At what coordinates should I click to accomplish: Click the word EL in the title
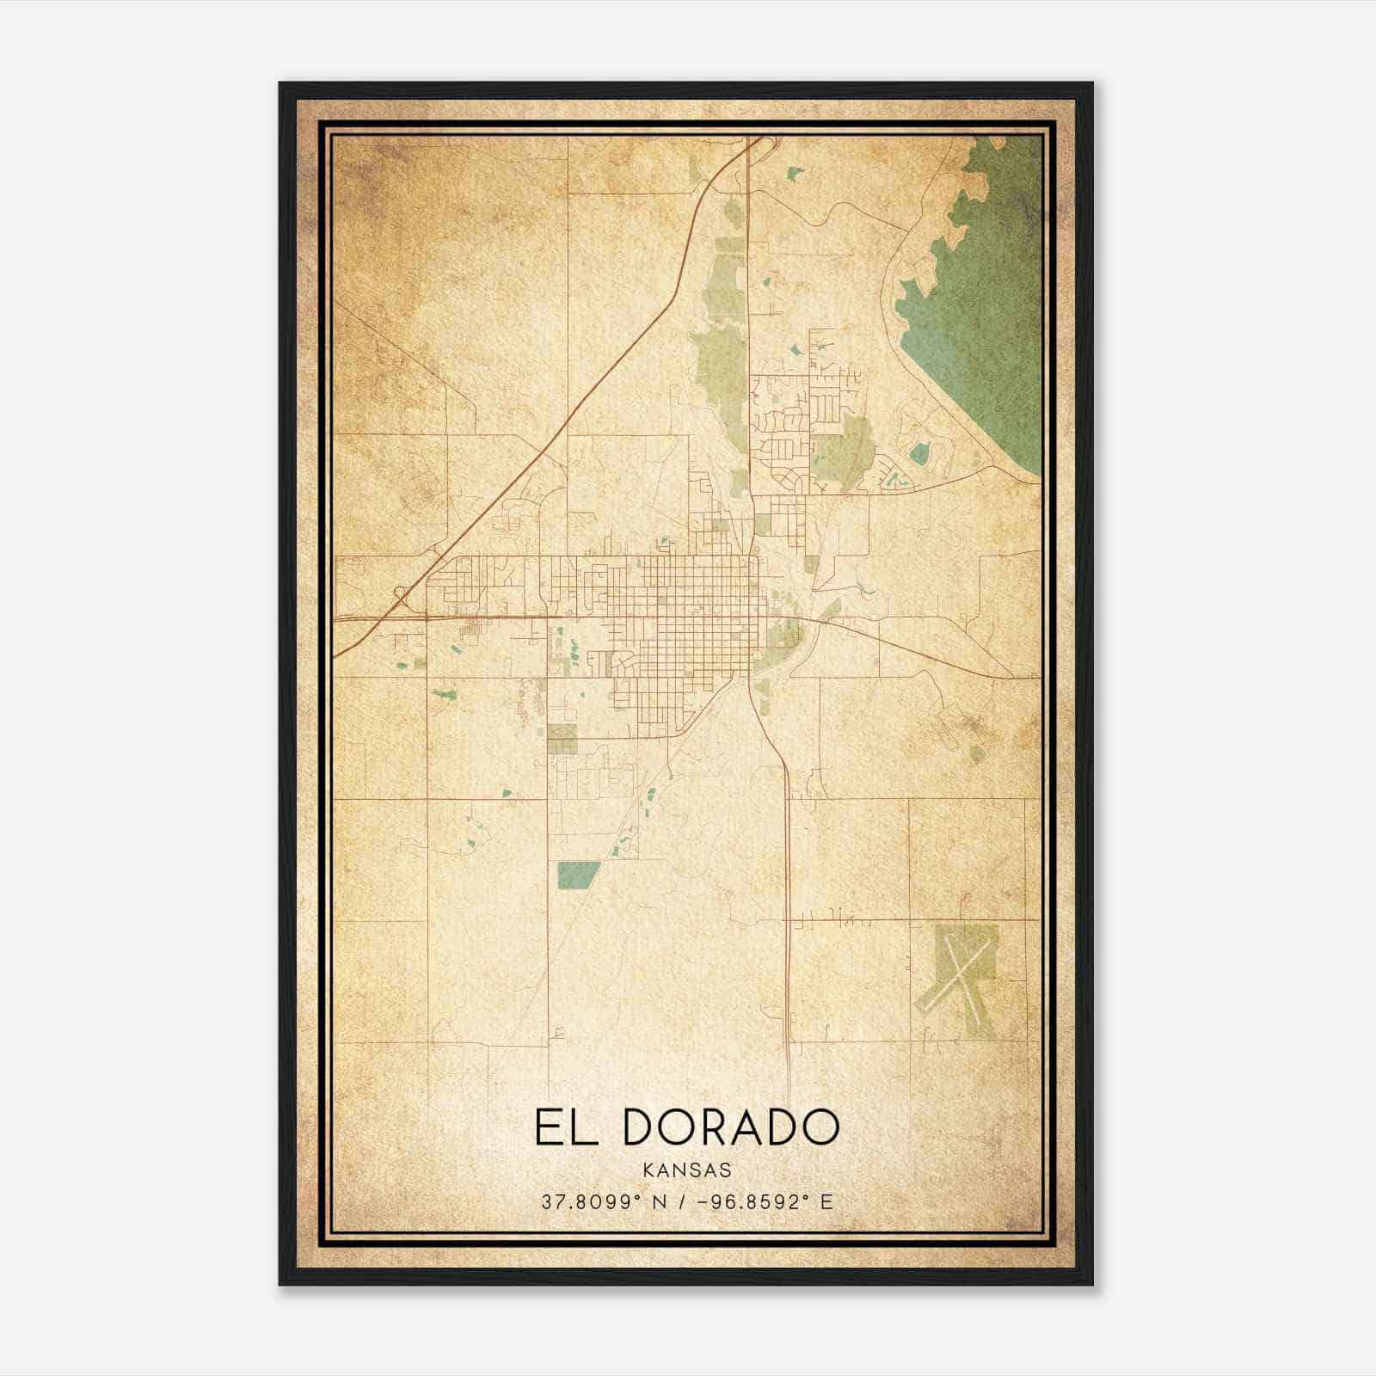coord(563,1127)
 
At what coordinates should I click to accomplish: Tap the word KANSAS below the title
coord(686,1170)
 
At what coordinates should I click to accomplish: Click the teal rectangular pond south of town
coord(577,875)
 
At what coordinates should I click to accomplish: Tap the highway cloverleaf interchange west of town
coord(402,594)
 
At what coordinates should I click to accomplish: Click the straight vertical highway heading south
coord(788,903)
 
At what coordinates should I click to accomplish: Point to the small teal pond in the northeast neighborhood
coord(919,452)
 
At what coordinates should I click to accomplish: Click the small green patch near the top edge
coord(793,174)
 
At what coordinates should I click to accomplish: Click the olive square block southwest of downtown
coord(562,739)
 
